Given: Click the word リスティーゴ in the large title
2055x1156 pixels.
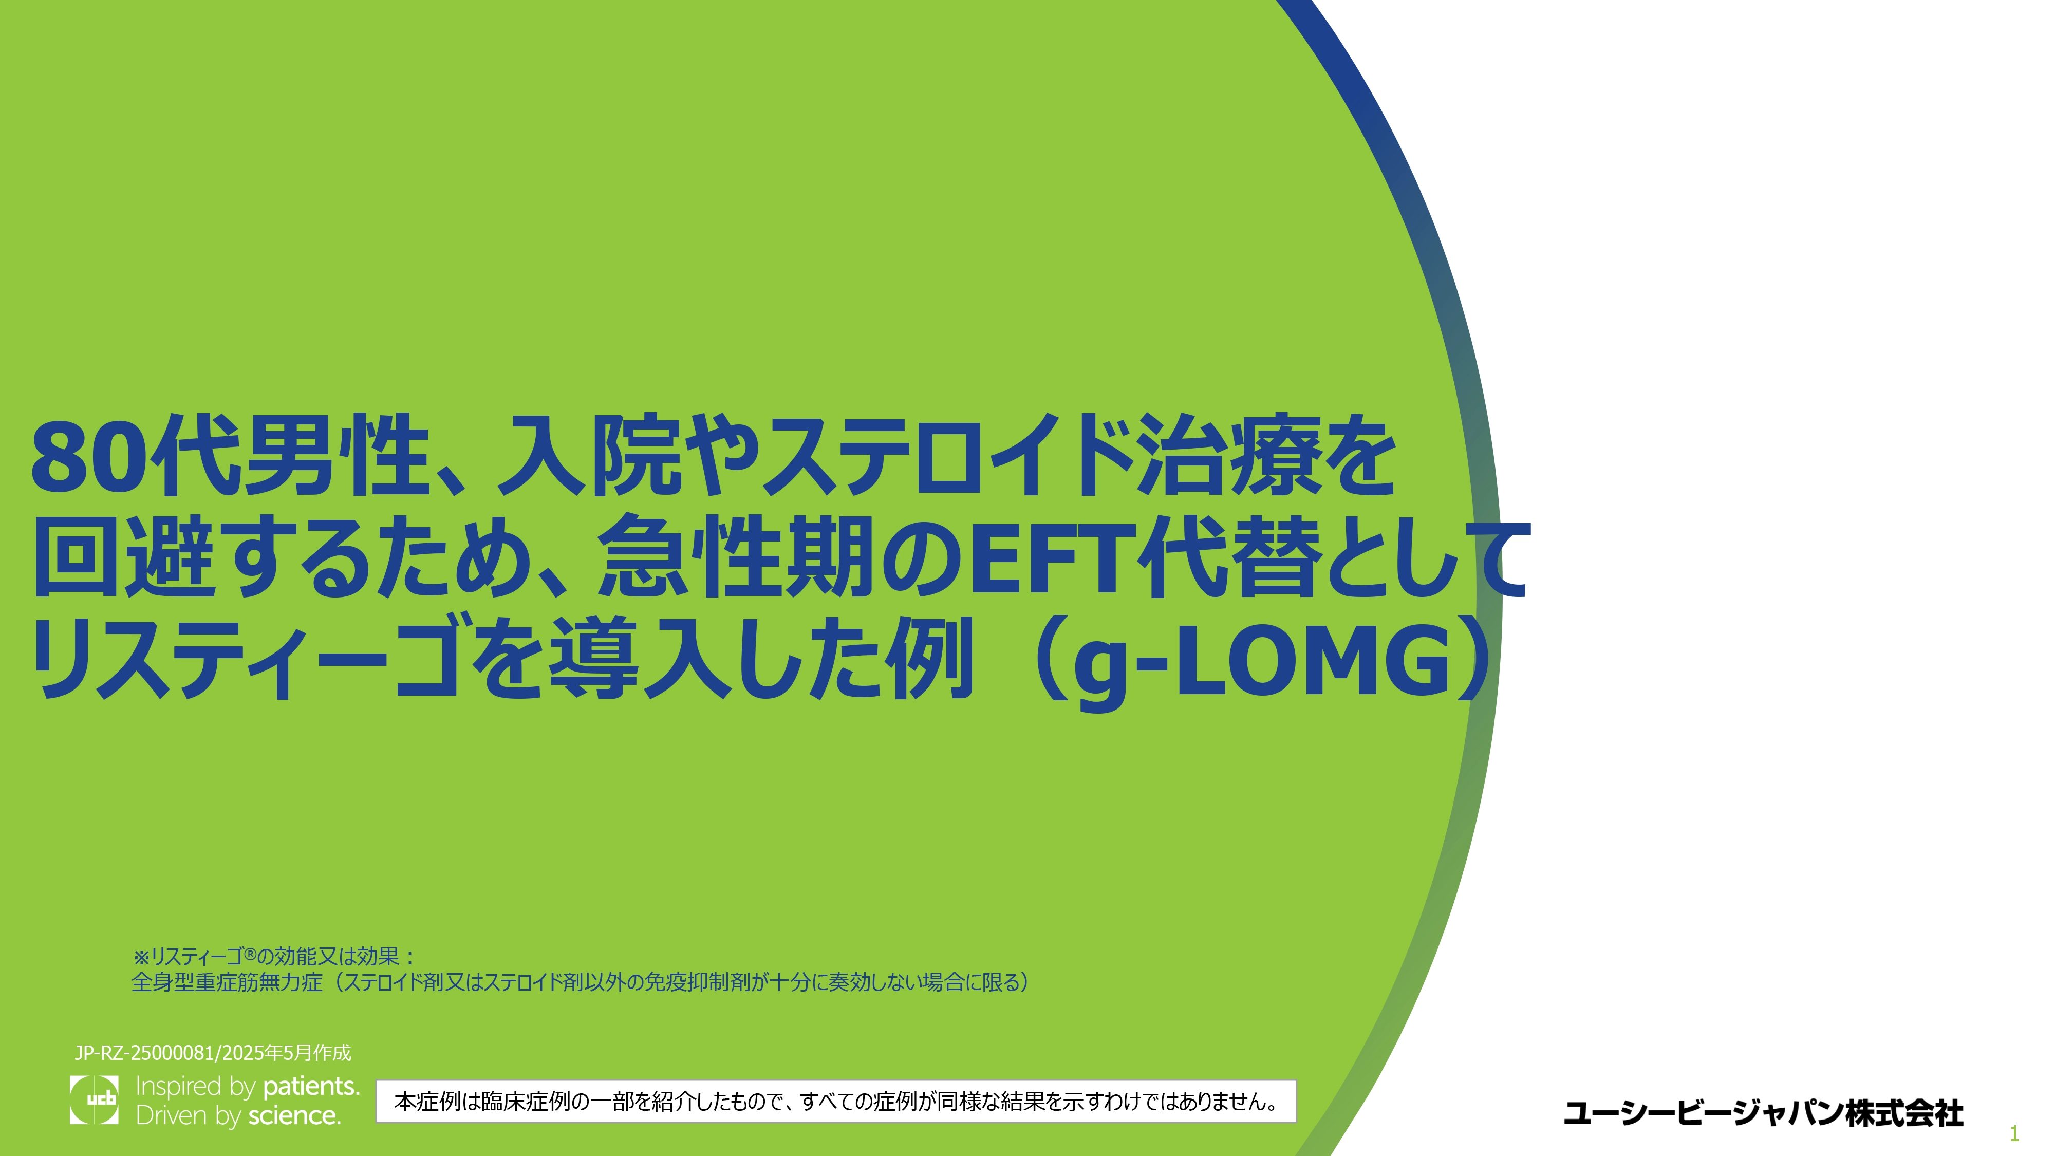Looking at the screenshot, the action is tap(245, 659).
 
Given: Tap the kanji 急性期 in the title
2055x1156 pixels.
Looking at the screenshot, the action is tap(734, 557).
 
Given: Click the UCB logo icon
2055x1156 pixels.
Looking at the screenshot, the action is tap(94, 1099).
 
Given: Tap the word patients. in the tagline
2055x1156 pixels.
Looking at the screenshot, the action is tap(311, 1087).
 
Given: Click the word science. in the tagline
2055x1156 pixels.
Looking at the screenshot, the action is tap(294, 1115).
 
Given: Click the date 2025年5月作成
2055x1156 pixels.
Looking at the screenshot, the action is tap(286, 1053).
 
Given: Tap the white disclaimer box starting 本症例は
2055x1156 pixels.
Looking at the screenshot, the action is tap(835, 1101).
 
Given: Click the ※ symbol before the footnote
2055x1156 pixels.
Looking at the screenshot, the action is tap(141, 957).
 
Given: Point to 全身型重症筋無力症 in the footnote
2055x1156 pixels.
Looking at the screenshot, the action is tap(227, 982).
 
